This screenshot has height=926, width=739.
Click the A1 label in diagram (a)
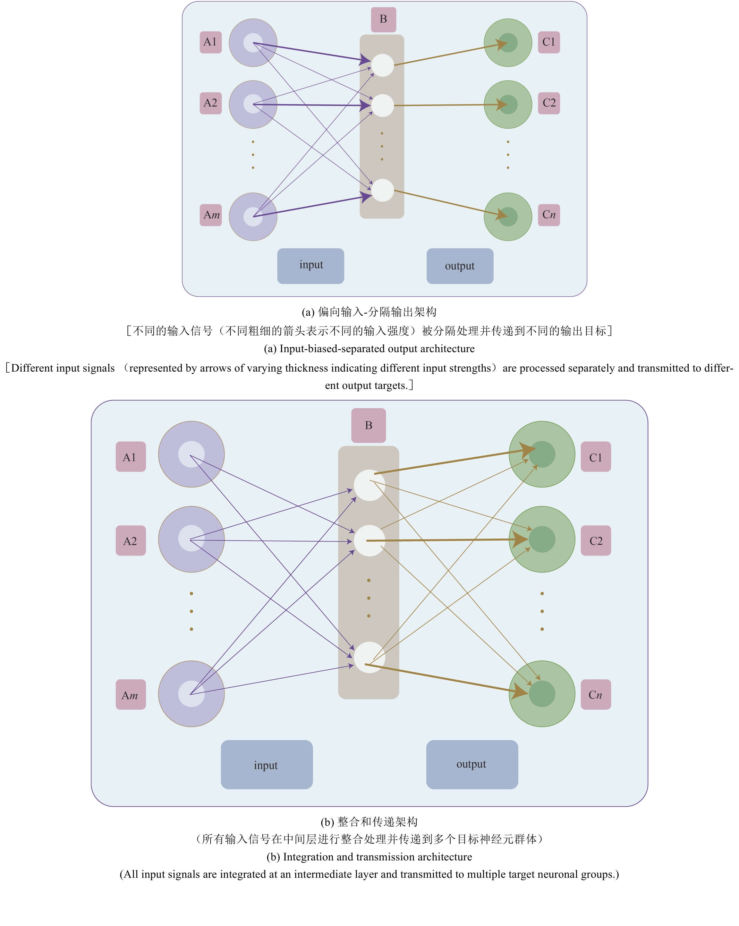coord(210,42)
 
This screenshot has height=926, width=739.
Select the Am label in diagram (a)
coord(210,215)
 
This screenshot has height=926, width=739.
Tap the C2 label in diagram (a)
coord(549,103)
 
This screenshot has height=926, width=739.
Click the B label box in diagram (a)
coord(383,19)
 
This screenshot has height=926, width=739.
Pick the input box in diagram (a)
coord(311,266)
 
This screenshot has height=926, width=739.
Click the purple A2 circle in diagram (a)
coord(253,104)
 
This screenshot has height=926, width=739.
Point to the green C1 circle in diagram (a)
coord(508,43)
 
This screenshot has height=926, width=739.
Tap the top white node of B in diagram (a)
coord(382,65)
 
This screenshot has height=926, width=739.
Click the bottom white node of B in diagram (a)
coord(382,190)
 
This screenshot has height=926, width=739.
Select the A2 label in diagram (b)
coord(130,541)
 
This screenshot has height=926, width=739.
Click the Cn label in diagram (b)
coord(596,695)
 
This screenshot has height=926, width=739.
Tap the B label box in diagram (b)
coord(368,425)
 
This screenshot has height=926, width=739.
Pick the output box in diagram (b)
coord(472,765)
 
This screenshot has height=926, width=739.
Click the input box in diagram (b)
coord(266,765)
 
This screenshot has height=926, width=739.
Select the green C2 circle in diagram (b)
coord(542,540)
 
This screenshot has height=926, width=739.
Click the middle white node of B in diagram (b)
coord(369,541)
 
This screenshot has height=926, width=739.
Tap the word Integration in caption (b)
coord(308,857)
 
